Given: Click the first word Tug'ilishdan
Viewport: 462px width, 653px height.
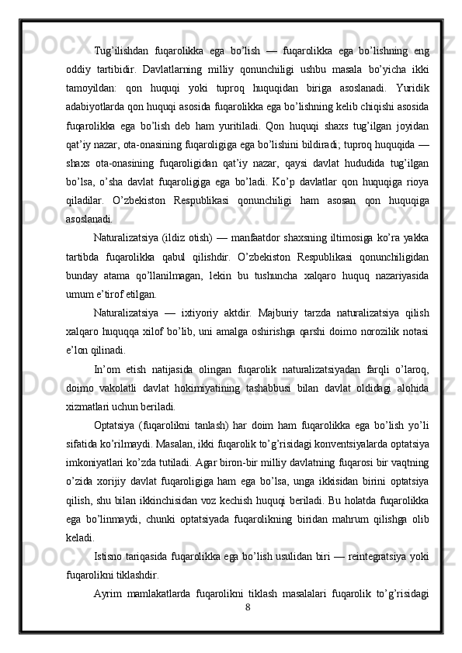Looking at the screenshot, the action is tap(119, 29).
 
